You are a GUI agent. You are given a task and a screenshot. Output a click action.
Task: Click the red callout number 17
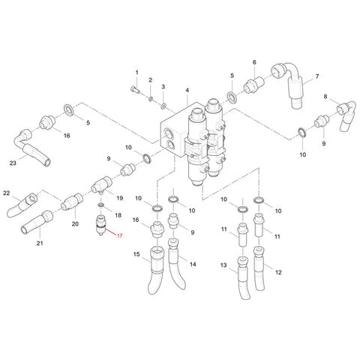click(120, 235)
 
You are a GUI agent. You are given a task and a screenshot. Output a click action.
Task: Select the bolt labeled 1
click(136, 89)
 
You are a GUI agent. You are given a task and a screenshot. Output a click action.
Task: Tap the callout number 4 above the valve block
click(187, 90)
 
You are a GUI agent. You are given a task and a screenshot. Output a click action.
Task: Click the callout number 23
click(13, 163)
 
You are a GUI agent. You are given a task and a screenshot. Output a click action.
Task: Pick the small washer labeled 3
click(163, 106)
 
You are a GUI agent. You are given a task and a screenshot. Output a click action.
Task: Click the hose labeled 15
click(156, 268)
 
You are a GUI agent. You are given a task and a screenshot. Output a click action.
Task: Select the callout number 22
click(6, 193)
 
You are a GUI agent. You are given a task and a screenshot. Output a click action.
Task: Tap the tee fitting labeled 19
click(101, 185)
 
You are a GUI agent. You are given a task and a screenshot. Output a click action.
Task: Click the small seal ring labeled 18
click(101, 205)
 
